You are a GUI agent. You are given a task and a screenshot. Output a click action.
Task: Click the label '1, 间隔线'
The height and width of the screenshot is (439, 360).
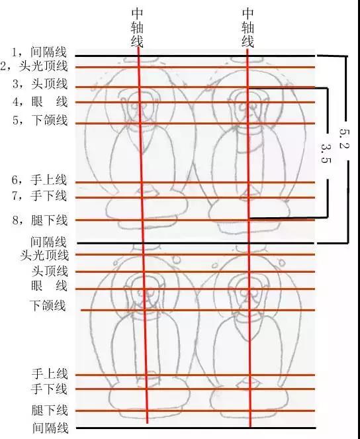[39, 52]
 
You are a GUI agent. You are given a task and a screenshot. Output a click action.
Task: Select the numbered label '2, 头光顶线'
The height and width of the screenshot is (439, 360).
[34, 66]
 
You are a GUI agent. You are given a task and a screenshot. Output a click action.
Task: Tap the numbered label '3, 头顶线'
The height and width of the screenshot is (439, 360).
[40, 83]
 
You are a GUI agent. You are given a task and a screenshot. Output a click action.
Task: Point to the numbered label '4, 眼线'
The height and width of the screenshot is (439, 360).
[40, 101]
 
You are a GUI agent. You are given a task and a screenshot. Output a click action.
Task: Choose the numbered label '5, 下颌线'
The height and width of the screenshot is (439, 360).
[40, 120]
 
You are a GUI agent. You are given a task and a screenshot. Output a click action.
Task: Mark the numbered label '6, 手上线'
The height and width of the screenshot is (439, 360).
[40, 179]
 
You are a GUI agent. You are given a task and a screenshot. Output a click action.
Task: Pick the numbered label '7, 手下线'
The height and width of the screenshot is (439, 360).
[40, 195]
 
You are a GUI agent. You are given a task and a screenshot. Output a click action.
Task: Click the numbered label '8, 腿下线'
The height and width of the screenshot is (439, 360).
[40, 220]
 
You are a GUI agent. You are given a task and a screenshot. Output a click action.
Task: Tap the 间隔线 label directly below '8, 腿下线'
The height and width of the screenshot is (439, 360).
[48, 241]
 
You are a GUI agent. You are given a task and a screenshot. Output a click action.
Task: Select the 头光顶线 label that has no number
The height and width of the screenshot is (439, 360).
[44, 255]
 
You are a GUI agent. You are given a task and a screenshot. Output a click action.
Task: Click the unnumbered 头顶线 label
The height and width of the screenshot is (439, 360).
[50, 271]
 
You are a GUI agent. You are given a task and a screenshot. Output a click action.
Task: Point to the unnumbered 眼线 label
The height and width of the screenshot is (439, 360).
[49, 286]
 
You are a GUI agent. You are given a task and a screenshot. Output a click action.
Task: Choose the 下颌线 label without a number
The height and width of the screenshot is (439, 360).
[48, 305]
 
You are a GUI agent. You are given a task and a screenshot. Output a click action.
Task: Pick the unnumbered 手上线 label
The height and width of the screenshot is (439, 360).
[50, 373]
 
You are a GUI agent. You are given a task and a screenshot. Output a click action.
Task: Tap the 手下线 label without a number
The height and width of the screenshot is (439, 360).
[49, 389]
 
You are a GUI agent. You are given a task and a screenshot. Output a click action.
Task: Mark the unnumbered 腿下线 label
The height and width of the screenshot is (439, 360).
[50, 410]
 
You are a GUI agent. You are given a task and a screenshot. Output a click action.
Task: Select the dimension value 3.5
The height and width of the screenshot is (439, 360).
[326, 153]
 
